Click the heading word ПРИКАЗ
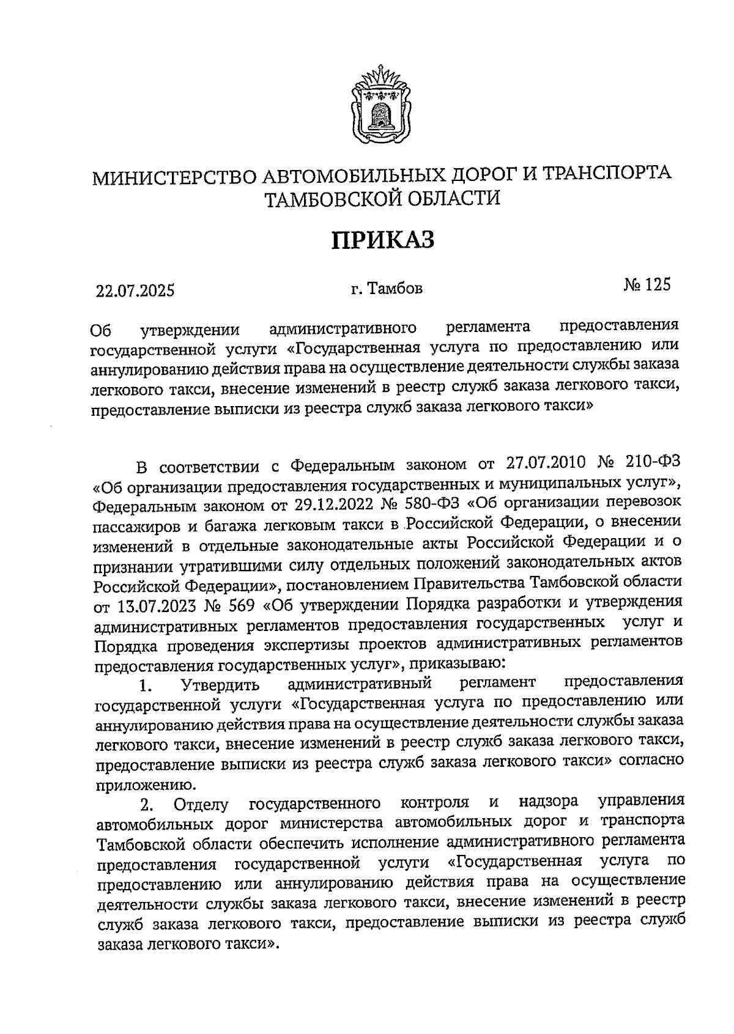point(383,240)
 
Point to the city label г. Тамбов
point(387,288)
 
